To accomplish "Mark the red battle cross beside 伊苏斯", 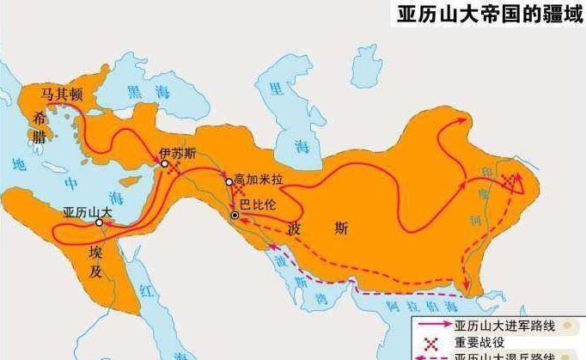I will (x=174, y=169).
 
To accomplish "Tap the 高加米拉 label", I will (x=257, y=181).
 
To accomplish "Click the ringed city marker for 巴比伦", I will (x=235, y=214).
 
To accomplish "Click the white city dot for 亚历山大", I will (x=100, y=223).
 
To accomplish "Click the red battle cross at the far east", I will (x=515, y=182).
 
